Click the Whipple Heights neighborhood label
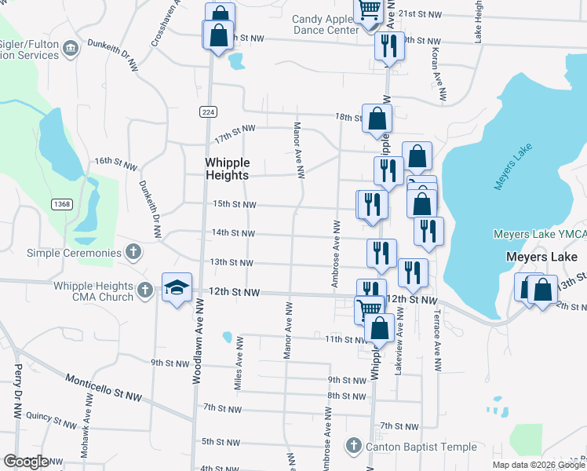[227, 169]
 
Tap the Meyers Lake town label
[541, 257]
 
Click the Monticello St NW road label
[103, 387]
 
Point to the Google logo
[27, 461]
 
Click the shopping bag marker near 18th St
[377, 119]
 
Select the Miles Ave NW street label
[237, 362]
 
